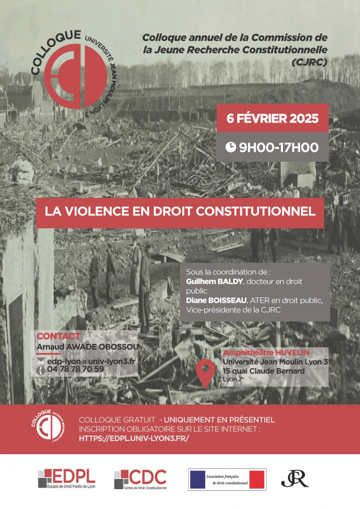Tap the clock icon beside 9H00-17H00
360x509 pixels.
[x=231, y=148]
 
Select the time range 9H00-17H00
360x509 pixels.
[x=278, y=148]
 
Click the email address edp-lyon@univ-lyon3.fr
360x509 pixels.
[x=91, y=360]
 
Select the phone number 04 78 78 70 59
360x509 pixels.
[x=76, y=369]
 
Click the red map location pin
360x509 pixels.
[x=204, y=371]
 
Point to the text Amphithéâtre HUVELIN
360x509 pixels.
[x=258, y=352]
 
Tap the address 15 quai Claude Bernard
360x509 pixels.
[x=263, y=371]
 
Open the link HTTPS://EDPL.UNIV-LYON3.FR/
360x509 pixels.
[x=134, y=438]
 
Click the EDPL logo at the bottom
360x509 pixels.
[x=67, y=478]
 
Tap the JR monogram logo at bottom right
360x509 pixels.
[x=295, y=478]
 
